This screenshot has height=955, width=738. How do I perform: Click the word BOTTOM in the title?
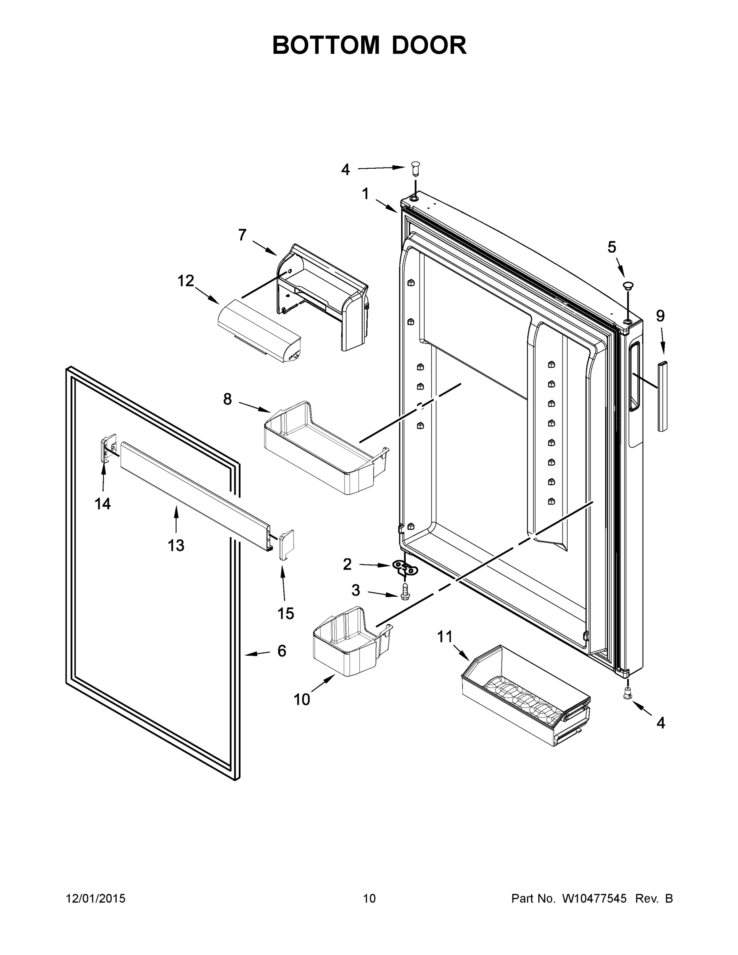[x=326, y=45]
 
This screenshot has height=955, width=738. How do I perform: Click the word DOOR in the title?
[x=429, y=45]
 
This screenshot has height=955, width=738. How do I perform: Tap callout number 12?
[x=185, y=281]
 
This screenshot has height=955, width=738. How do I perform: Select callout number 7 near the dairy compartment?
[x=242, y=235]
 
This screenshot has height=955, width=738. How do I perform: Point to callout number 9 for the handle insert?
[x=660, y=315]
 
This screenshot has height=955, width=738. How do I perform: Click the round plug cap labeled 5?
[x=628, y=286]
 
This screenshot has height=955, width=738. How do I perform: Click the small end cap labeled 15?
[x=287, y=544]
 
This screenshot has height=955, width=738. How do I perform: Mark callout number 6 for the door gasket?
[x=282, y=663]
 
